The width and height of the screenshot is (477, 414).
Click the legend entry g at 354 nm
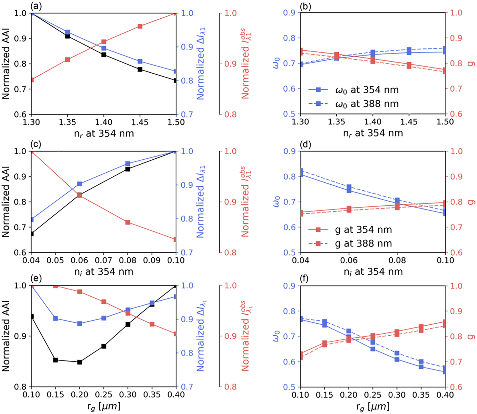coord(363,230)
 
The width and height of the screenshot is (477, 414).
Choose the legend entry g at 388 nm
coord(363,244)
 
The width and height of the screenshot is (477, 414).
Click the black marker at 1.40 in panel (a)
coord(104,55)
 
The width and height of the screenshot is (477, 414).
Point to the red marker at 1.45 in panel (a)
coord(140,26)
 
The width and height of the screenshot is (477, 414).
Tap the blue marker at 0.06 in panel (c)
coord(79,184)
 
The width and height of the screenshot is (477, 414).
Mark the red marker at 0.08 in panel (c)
coord(128,222)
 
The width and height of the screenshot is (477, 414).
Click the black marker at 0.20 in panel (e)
coord(79,362)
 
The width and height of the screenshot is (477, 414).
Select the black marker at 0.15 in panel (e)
coord(56,360)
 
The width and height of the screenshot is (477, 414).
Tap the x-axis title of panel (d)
coord(373,272)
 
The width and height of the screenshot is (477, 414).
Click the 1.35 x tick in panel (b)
coord(337,122)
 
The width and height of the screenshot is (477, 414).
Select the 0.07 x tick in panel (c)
coord(104,260)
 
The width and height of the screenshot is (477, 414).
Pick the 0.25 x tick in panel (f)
coord(373,395)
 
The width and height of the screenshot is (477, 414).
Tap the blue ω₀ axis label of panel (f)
coord(277,336)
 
